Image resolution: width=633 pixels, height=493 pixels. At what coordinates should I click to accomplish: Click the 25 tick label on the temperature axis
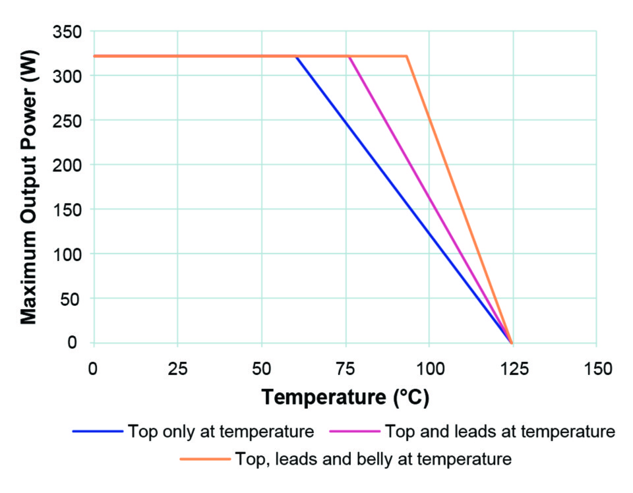tap(177, 368)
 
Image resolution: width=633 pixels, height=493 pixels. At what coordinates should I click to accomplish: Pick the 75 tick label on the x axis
tap(345, 368)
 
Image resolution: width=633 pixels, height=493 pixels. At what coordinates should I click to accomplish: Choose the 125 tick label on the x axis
tap(512, 368)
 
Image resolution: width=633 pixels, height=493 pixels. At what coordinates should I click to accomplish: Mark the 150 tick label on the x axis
tap(596, 368)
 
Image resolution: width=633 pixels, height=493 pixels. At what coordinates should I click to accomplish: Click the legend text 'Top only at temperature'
tap(221, 432)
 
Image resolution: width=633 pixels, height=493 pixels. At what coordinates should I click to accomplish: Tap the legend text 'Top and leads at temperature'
tap(499, 432)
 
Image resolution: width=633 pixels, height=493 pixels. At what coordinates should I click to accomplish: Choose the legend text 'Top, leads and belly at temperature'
tap(373, 458)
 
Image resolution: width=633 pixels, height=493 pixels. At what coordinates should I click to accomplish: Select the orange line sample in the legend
tap(204, 458)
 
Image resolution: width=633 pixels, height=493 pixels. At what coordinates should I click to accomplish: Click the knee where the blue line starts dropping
tap(296, 57)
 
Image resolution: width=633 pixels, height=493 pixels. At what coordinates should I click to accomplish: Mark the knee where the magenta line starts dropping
tap(349, 57)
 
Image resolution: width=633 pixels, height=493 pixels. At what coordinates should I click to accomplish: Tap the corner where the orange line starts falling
tap(407, 57)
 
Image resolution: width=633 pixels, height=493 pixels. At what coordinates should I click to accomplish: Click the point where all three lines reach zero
tap(511, 343)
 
